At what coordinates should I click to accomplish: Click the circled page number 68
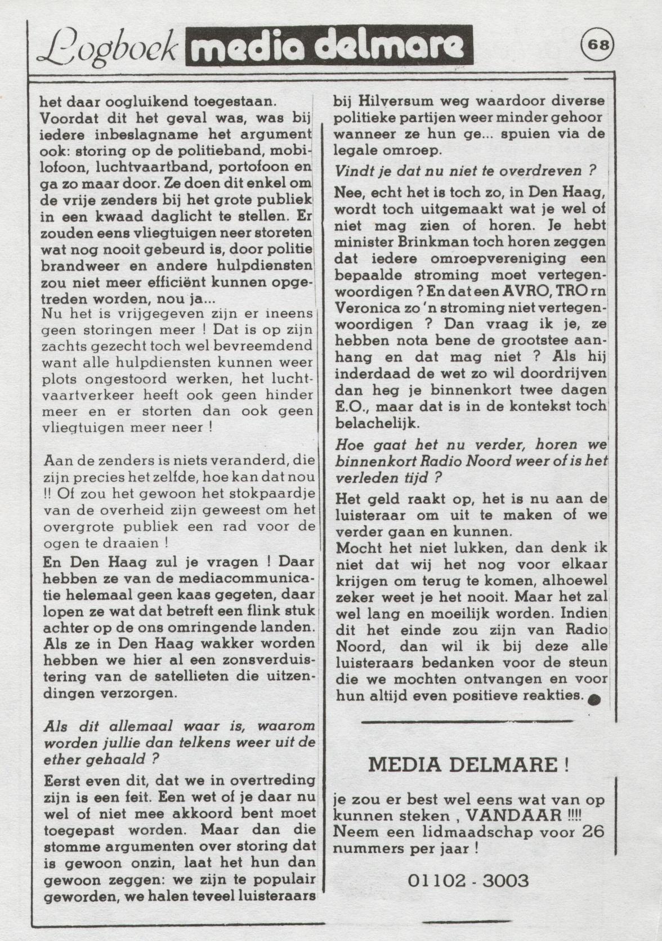(x=597, y=44)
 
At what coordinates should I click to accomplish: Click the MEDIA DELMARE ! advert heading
(x=468, y=765)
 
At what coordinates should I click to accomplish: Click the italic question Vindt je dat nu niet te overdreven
(x=465, y=171)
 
